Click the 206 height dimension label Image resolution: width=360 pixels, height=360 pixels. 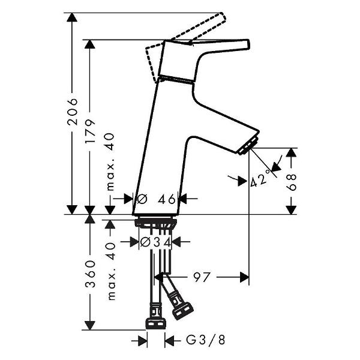[72, 111]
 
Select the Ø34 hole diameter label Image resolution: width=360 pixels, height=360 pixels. [155, 242]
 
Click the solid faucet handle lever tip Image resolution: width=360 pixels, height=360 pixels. [243, 43]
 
